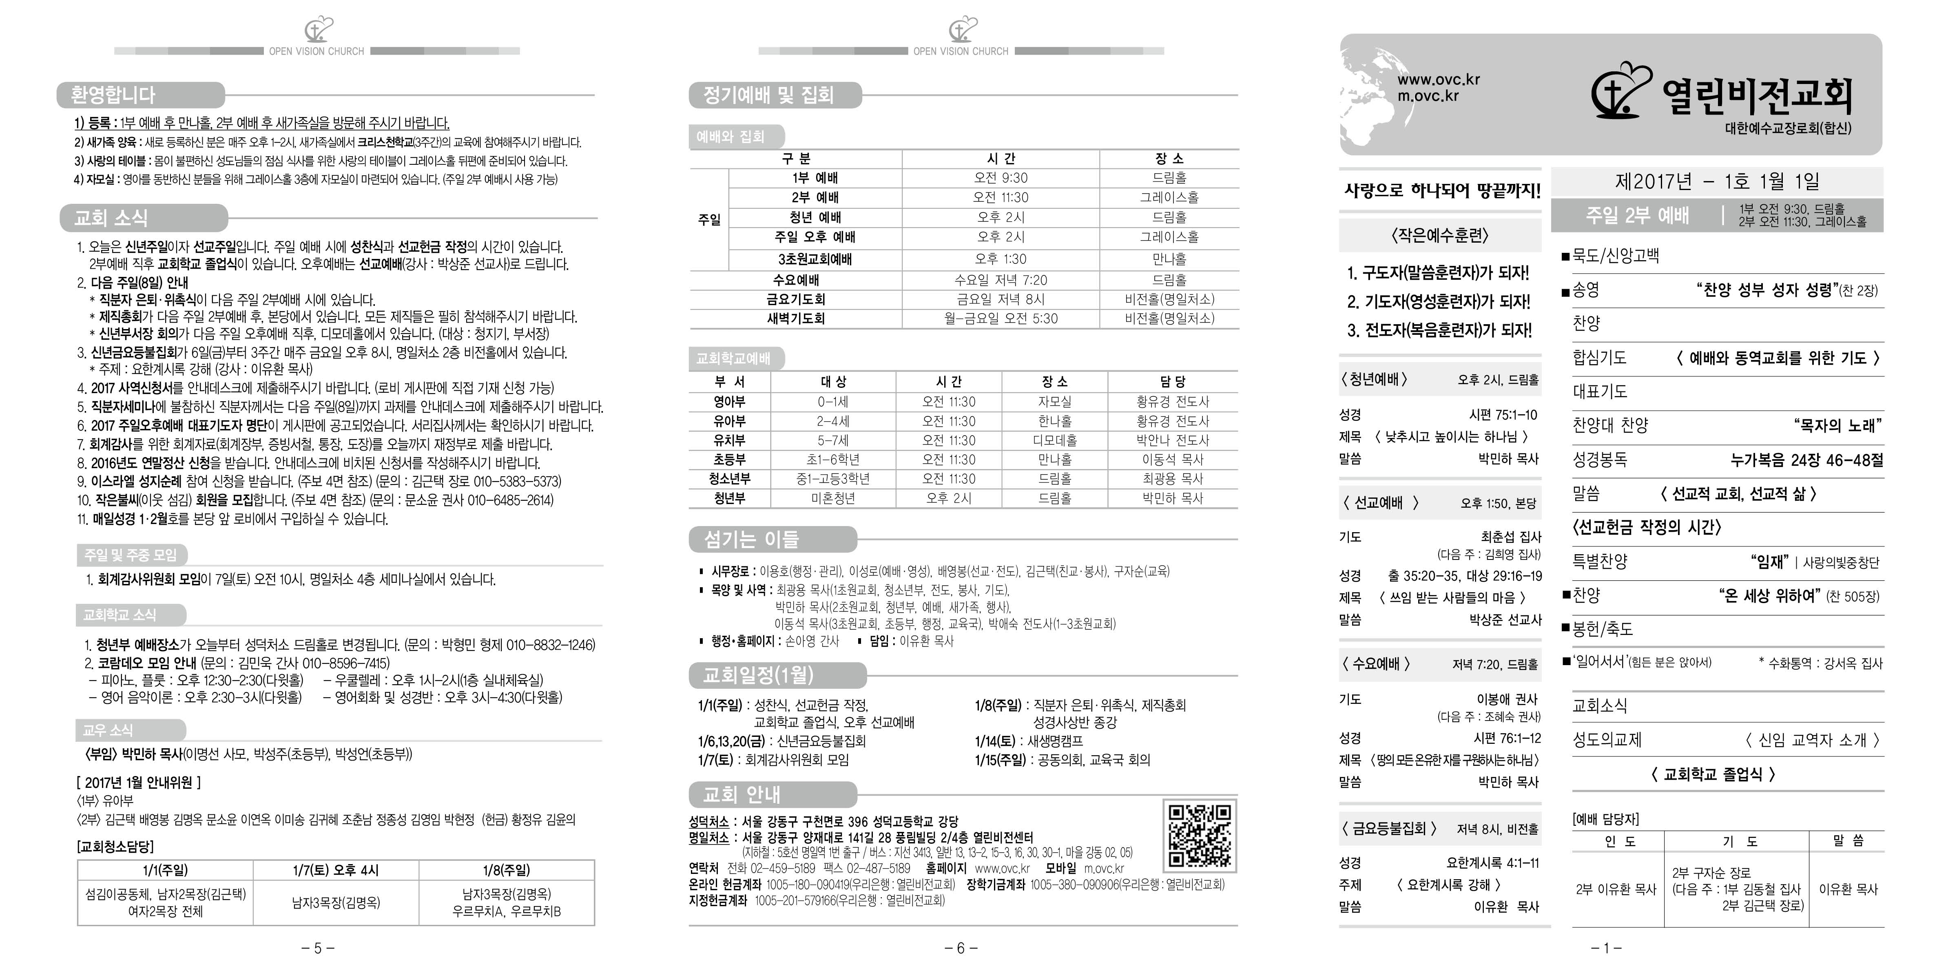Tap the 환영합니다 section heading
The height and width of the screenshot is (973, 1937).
tap(113, 95)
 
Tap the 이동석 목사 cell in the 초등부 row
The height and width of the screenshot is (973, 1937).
tap(1172, 460)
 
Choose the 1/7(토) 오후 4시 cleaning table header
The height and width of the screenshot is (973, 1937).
tap(335, 870)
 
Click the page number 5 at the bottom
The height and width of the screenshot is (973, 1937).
tap(317, 948)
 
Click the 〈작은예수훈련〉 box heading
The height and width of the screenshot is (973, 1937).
tap(1439, 235)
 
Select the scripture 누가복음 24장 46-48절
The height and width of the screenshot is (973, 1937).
tap(1806, 460)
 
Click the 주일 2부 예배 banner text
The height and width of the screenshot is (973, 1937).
tap(1637, 216)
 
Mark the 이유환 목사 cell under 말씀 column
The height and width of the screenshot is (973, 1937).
tap(1848, 889)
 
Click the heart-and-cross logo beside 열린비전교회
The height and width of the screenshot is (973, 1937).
tap(1620, 92)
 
